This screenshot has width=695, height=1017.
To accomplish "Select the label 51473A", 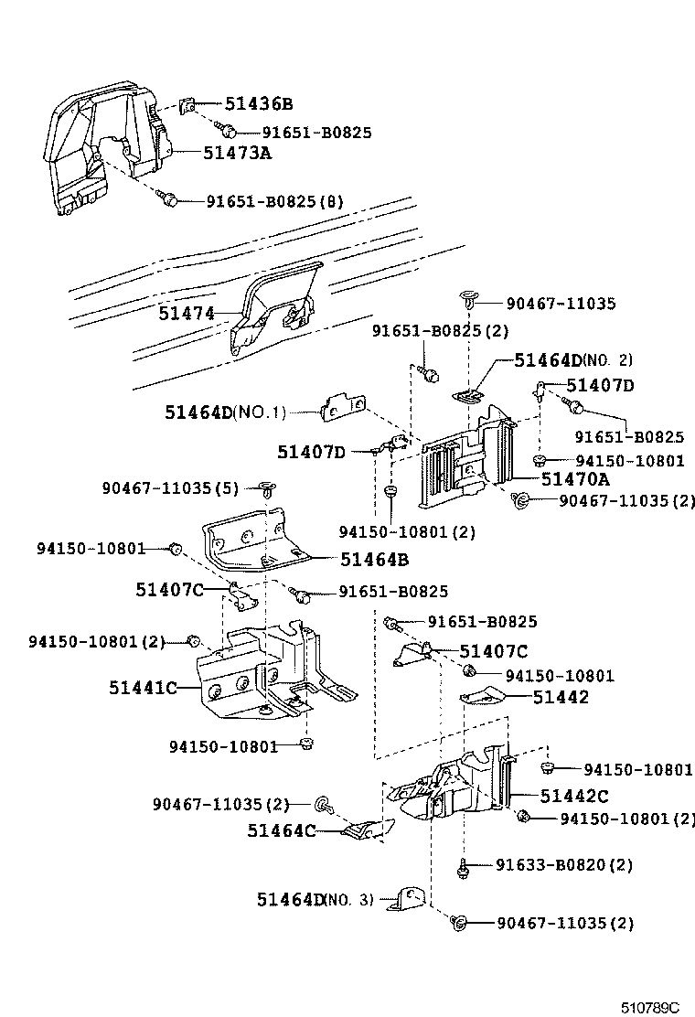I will coord(237,153).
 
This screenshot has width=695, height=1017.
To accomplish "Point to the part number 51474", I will coord(186,314).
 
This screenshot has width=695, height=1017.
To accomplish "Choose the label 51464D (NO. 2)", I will coord(572,360).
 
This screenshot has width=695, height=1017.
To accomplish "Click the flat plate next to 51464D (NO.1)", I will coord(345,409).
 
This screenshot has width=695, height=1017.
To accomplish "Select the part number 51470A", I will coord(574,478).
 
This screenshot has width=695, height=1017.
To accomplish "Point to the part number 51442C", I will coord(573,796).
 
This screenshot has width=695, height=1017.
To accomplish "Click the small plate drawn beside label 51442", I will coord(480,698).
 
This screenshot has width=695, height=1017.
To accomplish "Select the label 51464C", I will coord(281,830).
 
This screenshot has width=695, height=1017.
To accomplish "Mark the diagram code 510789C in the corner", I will coord(651,1007).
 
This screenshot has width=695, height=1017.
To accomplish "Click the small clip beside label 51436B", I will coord(186,105).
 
